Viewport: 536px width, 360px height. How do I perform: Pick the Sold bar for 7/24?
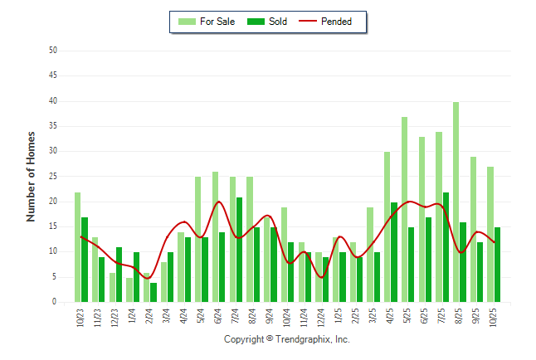240,250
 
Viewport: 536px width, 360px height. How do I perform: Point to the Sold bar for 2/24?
153,293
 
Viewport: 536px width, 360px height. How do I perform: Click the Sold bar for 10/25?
498,265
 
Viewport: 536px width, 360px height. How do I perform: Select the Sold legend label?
278,22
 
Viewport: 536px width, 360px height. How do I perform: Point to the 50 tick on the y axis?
52,51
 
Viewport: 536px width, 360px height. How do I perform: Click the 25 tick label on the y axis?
52,177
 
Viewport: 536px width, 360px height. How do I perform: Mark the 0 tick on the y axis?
54,303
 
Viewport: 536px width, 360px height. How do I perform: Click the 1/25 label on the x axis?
339,318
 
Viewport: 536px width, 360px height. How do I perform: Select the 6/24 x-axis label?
218,318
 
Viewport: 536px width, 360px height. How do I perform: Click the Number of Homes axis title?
31,177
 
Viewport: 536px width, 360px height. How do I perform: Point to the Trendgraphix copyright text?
287,340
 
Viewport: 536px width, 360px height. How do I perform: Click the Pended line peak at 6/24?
219,202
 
